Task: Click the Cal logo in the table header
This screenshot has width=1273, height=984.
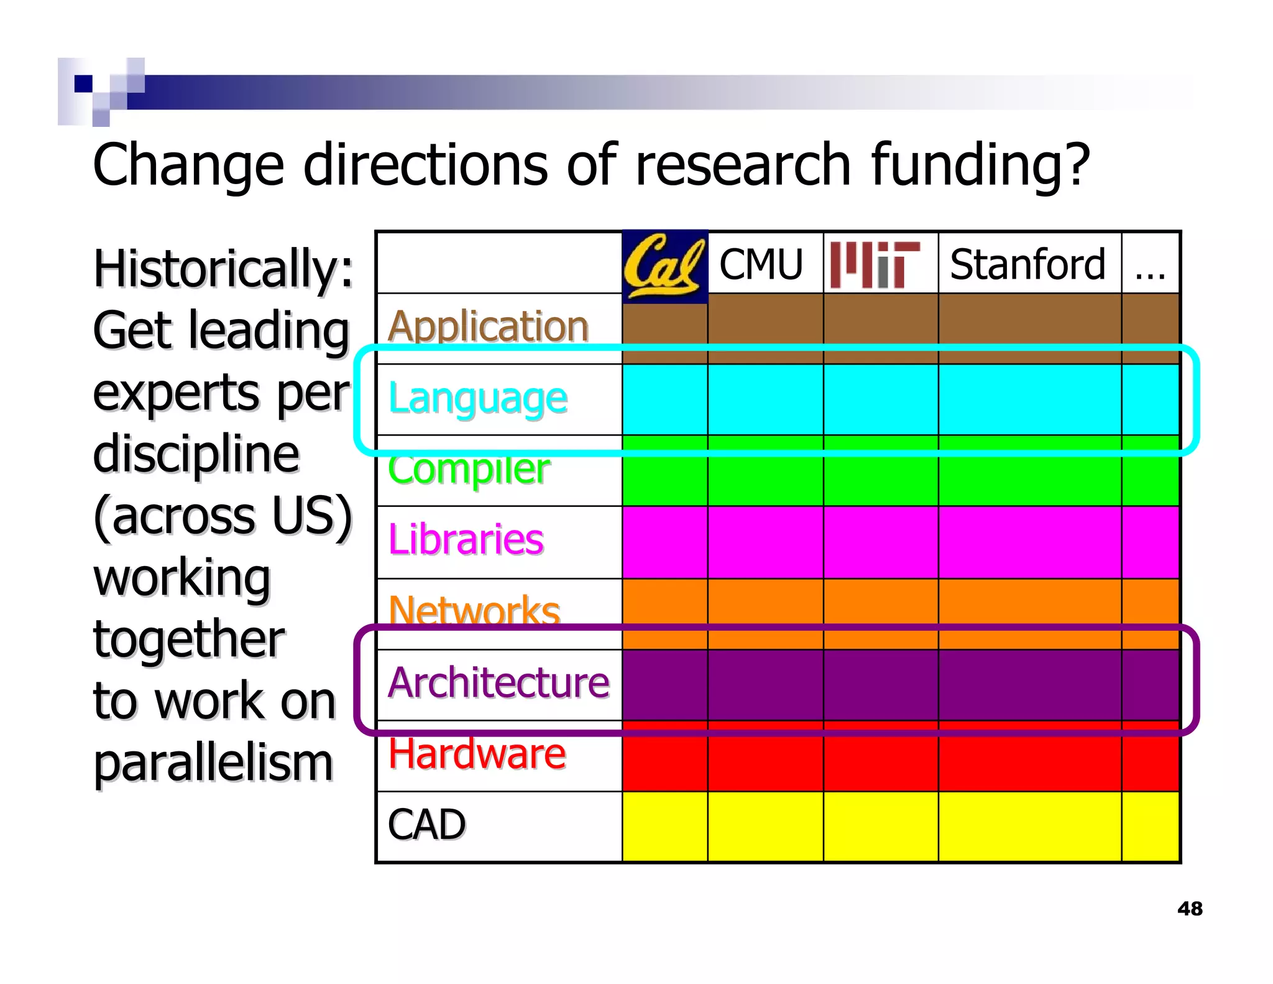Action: click(664, 266)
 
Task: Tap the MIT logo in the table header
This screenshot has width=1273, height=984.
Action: click(875, 264)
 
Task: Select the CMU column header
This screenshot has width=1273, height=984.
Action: click(761, 264)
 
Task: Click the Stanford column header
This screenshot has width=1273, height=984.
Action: click(1027, 264)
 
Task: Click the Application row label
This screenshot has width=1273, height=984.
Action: click(488, 326)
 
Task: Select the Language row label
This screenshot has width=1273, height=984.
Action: click(477, 398)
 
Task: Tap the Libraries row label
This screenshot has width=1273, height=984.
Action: click(466, 539)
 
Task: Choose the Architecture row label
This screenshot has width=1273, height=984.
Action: click(499, 682)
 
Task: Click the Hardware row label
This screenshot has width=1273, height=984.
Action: click(477, 753)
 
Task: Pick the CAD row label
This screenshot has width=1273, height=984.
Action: click(426, 825)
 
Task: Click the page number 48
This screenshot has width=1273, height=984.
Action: click(1190, 909)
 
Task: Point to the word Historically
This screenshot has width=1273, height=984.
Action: click(223, 269)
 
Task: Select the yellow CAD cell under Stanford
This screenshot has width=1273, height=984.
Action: click(1029, 827)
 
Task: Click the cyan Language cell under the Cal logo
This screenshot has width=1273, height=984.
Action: click(664, 399)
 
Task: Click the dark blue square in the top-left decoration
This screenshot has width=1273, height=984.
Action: click(83, 83)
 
